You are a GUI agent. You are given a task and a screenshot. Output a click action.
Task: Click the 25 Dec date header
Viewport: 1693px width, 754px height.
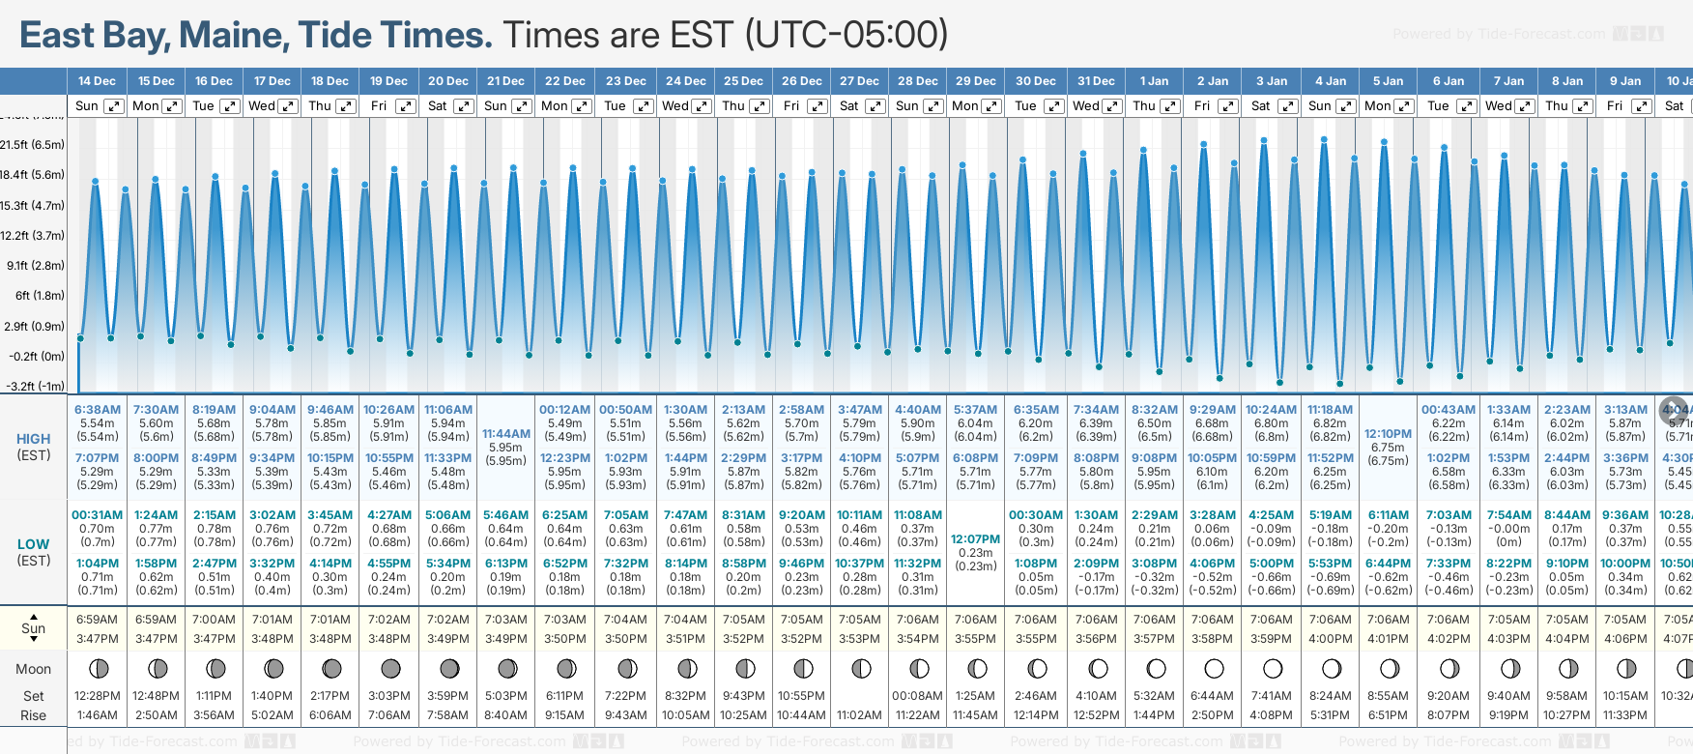pyautogui.click(x=743, y=81)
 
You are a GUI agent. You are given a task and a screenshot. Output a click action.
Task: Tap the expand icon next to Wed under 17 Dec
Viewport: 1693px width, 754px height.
pyautogui.click(x=288, y=106)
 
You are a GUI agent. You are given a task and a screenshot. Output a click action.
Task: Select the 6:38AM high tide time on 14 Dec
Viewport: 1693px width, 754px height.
pyautogui.click(x=98, y=410)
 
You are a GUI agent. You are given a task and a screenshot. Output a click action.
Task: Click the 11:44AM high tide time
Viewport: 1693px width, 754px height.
pyautogui.click(x=506, y=434)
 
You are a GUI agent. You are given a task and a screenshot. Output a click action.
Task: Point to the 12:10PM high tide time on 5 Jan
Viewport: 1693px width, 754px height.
pyautogui.click(x=1388, y=434)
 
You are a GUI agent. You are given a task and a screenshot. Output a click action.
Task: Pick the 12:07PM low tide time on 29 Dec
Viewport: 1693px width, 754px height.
pyautogui.click(x=975, y=539)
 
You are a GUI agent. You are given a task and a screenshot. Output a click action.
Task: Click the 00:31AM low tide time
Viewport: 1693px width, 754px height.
pyautogui.click(x=98, y=515)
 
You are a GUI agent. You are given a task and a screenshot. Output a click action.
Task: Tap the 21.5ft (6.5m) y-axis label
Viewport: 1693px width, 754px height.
pyautogui.click(x=33, y=145)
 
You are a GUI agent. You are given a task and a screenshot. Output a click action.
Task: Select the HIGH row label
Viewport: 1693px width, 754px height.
pyautogui.click(x=34, y=439)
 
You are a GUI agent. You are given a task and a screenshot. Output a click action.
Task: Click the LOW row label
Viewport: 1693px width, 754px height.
pyautogui.click(x=34, y=544)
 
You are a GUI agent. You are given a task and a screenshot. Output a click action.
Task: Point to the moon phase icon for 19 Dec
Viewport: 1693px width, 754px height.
pyautogui.click(x=390, y=668)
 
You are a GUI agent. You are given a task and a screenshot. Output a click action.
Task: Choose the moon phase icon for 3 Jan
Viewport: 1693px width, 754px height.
pyautogui.click(x=1273, y=668)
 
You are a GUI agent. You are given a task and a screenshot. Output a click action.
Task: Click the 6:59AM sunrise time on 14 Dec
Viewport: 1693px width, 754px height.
pyautogui.click(x=98, y=620)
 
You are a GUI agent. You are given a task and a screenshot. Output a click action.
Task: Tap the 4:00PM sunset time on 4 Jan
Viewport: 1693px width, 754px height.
pyautogui.click(x=1330, y=639)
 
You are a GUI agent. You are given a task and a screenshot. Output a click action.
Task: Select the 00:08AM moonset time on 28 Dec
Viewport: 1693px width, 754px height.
pyautogui.click(x=917, y=696)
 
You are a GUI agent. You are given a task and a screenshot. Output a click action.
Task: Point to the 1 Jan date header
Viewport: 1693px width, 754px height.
pyautogui.click(x=1154, y=81)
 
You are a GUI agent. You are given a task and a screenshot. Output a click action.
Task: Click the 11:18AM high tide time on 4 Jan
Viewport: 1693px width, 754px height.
pyautogui.click(x=1330, y=410)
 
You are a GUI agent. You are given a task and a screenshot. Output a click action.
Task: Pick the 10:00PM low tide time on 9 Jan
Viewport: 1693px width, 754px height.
pyautogui.click(x=1625, y=564)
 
